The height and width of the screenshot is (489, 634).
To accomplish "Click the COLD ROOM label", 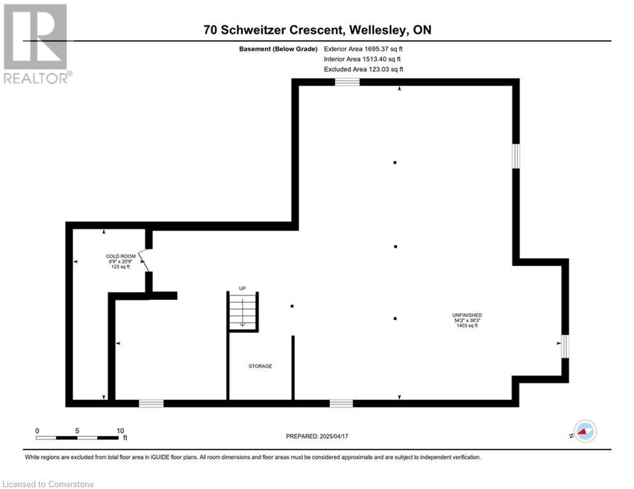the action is pyautogui.click(x=120, y=256).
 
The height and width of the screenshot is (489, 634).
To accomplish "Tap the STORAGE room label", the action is pyautogui.click(x=260, y=366).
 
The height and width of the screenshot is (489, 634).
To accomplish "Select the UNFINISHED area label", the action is pyautogui.click(x=467, y=315).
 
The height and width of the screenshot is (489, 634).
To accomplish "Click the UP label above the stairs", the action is pyautogui.click(x=242, y=288).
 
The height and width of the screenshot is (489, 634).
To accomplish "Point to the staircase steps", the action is pyautogui.click(x=243, y=312).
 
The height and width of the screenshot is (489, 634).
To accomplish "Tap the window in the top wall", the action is pyautogui.click(x=347, y=82).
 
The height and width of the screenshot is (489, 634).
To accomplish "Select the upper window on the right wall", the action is pyautogui.click(x=516, y=156).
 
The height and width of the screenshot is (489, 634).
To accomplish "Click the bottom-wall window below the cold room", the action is pyautogui.click(x=151, y=403).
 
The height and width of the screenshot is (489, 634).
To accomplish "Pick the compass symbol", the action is pyautogui.click(x=585, y=431).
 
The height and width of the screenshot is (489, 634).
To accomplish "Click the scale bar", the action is pyautogui.click(x=77, y=437).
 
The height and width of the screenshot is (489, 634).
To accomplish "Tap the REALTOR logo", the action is pyautogui.click(x=37, y=44).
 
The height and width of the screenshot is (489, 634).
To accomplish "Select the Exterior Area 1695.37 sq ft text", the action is pyautogui.click(x=363, y=49).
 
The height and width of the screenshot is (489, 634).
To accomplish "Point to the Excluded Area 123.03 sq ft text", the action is pyautogui.click(x=363, y=69).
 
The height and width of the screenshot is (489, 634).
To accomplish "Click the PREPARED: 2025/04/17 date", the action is pyautogui.click(x=317, y=436).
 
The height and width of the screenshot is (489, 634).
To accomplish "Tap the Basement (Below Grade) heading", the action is pyautogui.click(x=278, y=49).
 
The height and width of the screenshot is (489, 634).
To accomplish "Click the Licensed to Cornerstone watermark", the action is pyautogui.click(x=48, y=484).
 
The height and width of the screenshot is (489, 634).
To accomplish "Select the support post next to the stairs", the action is pyautogui.click(x=292, y=306).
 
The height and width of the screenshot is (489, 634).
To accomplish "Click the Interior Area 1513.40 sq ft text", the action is pyautogui.click(x=363, y=59).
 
